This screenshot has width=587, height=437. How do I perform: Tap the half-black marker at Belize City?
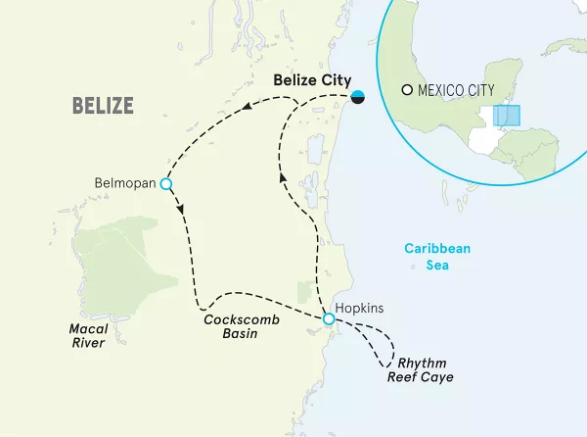coord(359,96)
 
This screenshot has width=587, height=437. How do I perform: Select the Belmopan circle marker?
coord(166,183)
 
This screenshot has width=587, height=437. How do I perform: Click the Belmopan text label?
coord(126,183)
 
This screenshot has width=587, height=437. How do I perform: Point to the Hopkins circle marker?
coord(329,318)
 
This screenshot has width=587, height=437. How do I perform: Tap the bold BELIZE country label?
coord(103,105)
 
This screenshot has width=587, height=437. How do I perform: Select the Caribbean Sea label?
coord(438,257)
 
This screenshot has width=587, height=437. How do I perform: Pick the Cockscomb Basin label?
coord(236,327)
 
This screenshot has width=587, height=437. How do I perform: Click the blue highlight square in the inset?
coord(507,115)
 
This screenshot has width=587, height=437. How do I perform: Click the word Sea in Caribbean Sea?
coord(438,266)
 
